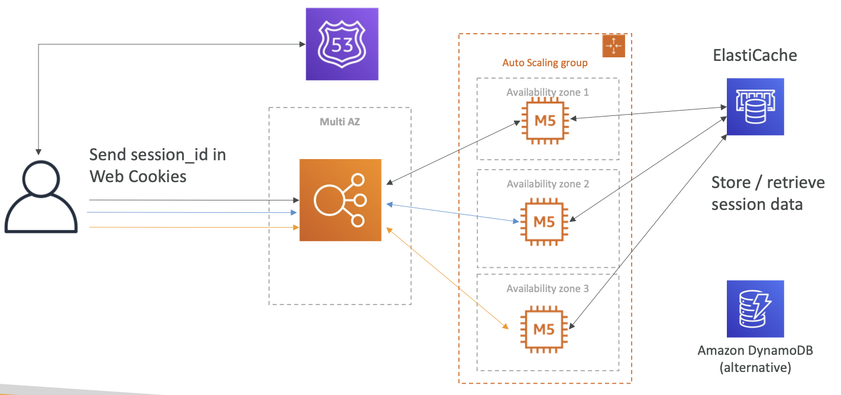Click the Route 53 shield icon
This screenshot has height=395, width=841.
[x=342, y=44]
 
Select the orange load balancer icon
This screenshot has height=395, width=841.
[x=340, y=200]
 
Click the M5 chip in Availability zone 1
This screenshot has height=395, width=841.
[x=545, y=121]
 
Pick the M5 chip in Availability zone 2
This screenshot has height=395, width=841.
[x=544, y=222]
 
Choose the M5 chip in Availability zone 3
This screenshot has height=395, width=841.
[x=544, y=330]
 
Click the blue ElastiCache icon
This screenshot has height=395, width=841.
[x=755, y=106]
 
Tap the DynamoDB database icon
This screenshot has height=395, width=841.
[x=755, y=309]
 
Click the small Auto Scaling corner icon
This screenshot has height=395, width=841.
[x=613, y=46]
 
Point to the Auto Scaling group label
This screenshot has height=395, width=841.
[x=545, y=63]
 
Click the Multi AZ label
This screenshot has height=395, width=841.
[x=340, y=122]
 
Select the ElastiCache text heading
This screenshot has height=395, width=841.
[x=755, y=55]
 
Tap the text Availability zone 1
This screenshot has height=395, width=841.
[x=548, y=92]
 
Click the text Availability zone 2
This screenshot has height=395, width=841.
[x=548, y=184]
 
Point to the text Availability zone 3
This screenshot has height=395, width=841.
[x=548, y=289]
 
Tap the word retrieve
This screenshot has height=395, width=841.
[x=795, y=183]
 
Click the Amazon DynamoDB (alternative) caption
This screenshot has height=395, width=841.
[x=755, y=359]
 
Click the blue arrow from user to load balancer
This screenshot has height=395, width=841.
[x=192, y=212]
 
